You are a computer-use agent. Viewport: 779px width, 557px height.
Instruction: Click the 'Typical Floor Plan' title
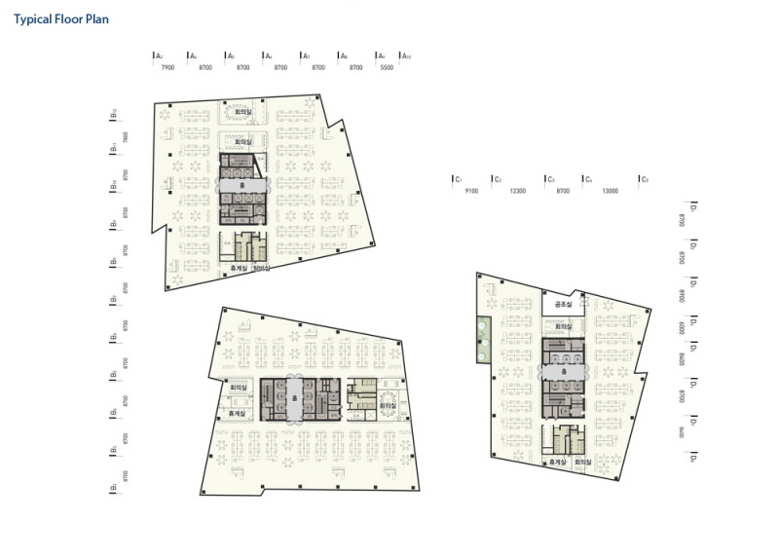(61, 19)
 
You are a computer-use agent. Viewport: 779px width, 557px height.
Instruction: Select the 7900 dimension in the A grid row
(167, 68)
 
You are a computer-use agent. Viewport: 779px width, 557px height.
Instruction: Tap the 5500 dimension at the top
(387, 68)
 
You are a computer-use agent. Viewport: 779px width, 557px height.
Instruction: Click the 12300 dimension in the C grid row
(517, 191)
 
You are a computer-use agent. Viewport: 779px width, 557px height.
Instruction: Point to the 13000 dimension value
(611, 191)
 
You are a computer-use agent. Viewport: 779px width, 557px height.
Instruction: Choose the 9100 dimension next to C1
(471, 191)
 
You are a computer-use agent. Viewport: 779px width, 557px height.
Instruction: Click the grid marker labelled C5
(644, 179)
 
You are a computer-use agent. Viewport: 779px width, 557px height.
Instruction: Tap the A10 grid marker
(407, 56)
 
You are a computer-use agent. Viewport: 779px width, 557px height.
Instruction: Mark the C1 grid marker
(457, 179)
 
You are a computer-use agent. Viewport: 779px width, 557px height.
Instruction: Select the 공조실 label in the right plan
(562, 305)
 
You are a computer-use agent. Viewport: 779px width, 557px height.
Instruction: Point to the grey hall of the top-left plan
(241, 184)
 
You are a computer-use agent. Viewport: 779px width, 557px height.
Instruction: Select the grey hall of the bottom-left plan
(295, 398)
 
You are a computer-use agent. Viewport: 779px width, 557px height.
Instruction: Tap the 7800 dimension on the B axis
(125, 138)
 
